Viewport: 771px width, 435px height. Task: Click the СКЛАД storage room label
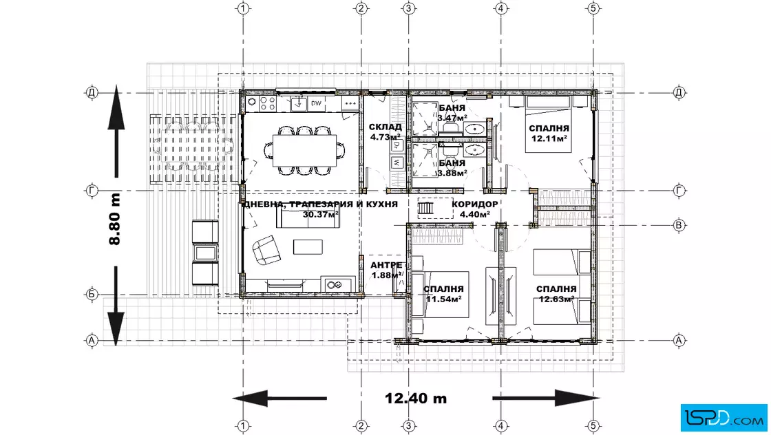point(385,127)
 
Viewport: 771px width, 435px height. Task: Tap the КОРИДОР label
point(474,204)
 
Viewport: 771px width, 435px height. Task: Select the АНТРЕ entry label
point(386,266)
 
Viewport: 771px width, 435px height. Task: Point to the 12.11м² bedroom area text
point(549,138)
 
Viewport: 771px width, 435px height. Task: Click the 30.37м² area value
point(321,214)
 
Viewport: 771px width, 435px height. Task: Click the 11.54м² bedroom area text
point(443,299)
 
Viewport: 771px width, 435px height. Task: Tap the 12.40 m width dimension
point(416,398)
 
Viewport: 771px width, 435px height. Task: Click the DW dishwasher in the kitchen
point(316,103)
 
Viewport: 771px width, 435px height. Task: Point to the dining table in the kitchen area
point(305,151)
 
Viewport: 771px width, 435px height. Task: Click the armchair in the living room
point(266,250)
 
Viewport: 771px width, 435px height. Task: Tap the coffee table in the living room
point(308,246)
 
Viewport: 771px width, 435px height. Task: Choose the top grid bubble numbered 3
point(409,8)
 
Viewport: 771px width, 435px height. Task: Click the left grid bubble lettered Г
point(92,191)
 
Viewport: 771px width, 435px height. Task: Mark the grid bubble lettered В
point(679,226)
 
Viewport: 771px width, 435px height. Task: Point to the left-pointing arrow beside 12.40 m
point(279,398)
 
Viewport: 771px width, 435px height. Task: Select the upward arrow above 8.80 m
point(116,131)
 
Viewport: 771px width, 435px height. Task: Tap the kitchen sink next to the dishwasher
point(298,104)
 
